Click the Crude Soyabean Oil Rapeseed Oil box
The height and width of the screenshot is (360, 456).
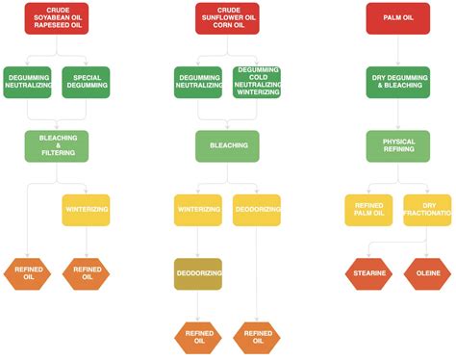tap(58, 18)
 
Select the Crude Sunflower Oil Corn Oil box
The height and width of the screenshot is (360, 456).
tap(224, 18)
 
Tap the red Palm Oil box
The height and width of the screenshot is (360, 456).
tap(397, 18)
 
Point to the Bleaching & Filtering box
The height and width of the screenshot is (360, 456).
tap(58, 145)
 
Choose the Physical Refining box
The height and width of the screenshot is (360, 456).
tap(397, 145)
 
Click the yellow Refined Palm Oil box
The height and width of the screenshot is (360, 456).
tap(368, 209)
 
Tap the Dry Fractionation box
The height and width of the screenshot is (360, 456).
tap(427, 209)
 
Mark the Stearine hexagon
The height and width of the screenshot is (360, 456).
tap(368, 273)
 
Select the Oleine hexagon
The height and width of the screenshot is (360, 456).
tap(427, 273)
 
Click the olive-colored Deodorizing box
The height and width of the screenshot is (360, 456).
tap(198, 273)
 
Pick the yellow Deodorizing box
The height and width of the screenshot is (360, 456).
tap(256, 209)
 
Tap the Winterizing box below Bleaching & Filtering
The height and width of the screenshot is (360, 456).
tap(87, 209)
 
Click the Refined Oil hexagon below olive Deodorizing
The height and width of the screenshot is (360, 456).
tap(198, 337)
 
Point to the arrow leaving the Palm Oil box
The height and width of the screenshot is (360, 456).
tap(397, 50)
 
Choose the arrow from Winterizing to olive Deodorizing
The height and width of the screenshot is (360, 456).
tap(198, 242)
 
